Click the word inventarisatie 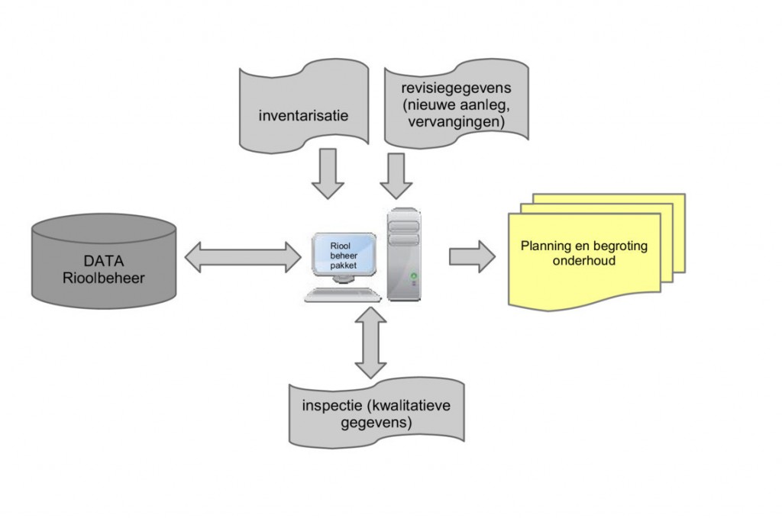(303, 116)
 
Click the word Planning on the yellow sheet (549, 246)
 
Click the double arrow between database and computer (243, 256)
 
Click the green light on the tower (415, 275)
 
